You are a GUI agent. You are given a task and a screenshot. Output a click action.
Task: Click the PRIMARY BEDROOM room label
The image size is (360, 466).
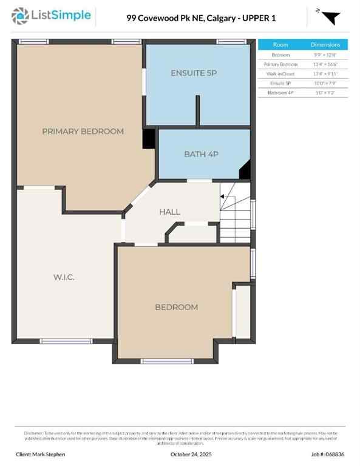coord(83,131)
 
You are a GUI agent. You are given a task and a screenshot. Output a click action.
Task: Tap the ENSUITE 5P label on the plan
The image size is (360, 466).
coord(194,73)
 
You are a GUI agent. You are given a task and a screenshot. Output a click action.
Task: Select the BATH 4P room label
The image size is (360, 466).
coord(201,154)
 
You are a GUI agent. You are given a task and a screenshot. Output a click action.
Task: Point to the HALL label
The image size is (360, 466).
coord(169,212)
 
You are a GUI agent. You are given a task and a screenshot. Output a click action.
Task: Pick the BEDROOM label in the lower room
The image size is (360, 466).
coord(176,307)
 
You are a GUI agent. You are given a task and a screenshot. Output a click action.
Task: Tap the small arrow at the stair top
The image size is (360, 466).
coord(222,197)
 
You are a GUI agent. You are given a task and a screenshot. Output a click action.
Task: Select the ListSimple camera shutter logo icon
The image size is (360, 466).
coord(20,16)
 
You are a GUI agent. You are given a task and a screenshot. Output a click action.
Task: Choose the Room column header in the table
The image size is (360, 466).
coord(280,44)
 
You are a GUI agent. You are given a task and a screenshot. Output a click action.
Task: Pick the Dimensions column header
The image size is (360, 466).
coord(325,44)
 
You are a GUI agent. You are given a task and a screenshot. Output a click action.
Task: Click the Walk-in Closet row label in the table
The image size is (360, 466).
coord(280,73)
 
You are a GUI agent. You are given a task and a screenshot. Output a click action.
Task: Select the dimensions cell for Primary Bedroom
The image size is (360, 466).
coord(325,64)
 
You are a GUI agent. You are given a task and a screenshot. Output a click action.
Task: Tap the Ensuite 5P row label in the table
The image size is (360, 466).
coord(280,83)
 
